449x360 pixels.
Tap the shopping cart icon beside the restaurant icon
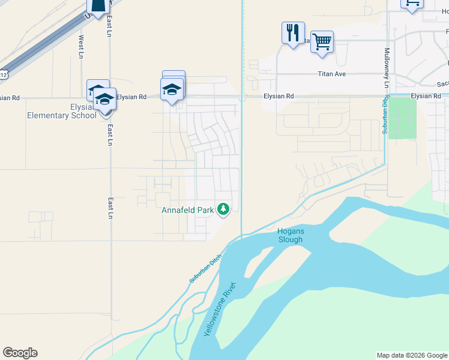coord(322,42)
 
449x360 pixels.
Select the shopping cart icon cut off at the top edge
coord(412,4)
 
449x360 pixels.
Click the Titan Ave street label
coord(332,74)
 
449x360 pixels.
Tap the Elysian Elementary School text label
coord(62,111)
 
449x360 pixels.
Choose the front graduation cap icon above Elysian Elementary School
coord(105,99)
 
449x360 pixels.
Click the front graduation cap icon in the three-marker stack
coord(172,89)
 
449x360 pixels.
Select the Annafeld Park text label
coord(188,211)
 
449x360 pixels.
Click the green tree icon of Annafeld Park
coord(223,209)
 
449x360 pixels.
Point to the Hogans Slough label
coord(290,235)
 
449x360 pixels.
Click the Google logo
coord(20,353)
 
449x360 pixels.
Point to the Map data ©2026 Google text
coord(412,355)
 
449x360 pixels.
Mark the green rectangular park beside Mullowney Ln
coord(402,118)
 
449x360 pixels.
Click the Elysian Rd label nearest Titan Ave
coord(280,96)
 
